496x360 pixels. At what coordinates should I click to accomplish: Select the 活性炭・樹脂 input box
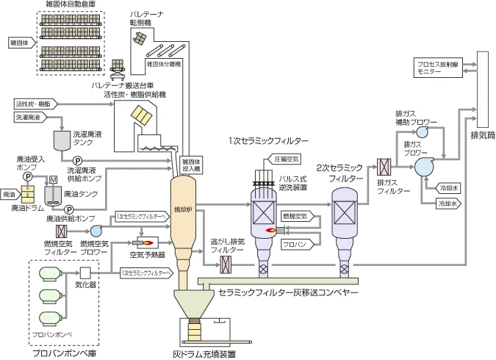point(33,104)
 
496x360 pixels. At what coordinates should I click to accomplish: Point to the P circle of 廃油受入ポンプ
point(27,177)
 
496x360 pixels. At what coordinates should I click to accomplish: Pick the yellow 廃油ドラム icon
point(27,195)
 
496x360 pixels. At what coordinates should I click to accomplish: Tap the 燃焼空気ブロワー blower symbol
point(96,231)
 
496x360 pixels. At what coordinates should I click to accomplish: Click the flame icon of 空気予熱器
point(147,241)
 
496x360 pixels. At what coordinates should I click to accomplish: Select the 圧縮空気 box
point(287,158)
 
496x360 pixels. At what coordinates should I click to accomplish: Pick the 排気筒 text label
point(483,137)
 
